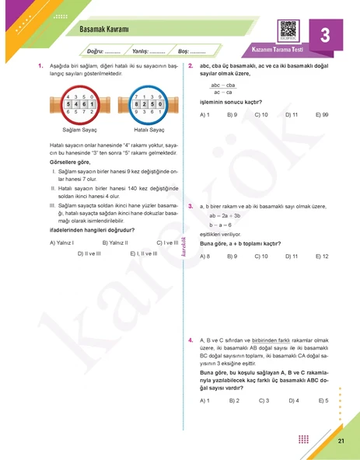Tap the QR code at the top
coord(288,30)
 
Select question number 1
coord(40,67)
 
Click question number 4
coord(190,340)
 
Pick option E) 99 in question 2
coord(321,114)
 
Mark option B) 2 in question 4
coord(233,400)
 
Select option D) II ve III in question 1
coord(89,253)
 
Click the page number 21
coord(341,441)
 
